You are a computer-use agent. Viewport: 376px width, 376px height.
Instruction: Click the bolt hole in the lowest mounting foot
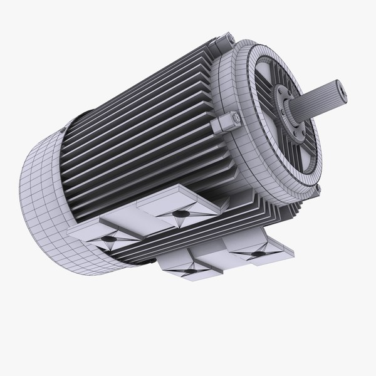click(x=186, y=268)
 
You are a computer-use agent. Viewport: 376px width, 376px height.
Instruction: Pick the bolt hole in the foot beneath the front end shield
click(x=256, y=253)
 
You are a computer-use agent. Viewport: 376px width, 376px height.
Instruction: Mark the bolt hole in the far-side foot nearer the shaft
click(x=180, y=214)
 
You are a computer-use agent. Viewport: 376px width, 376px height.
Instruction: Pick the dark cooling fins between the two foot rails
click(x=188, y=241)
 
